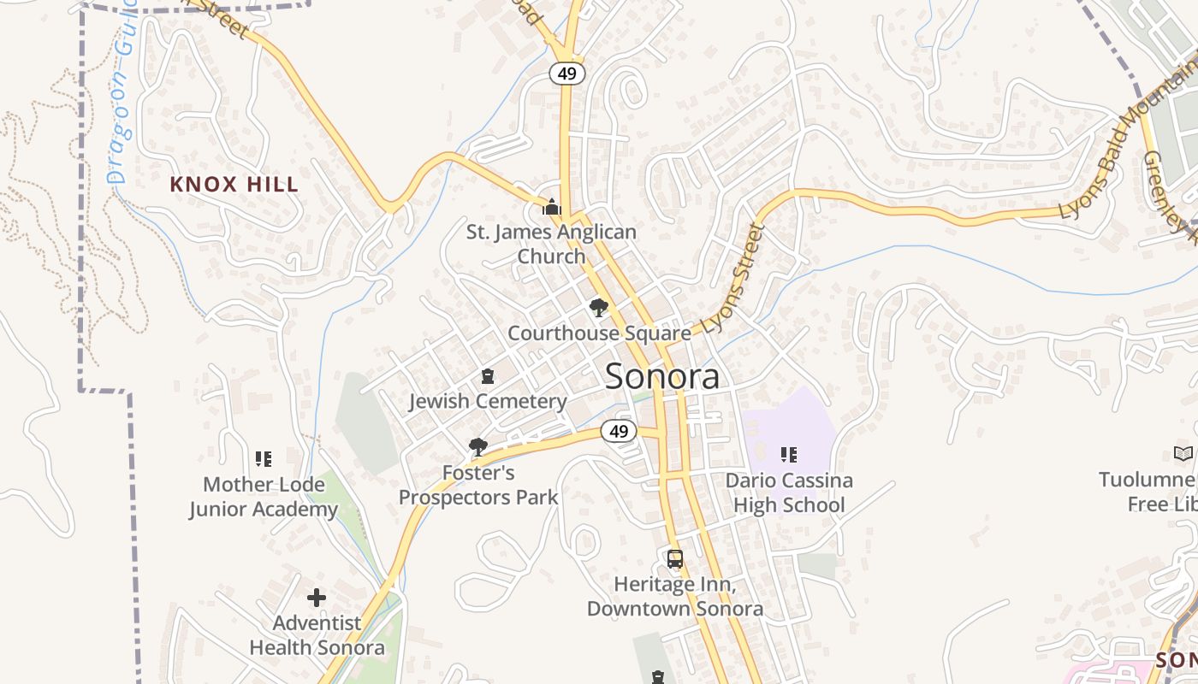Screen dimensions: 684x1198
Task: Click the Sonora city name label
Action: point(662,376)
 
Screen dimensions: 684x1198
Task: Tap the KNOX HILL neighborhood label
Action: point(234,184)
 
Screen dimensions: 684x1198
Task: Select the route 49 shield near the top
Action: point(567,74)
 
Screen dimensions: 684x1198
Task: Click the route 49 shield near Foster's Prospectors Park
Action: point(619,432)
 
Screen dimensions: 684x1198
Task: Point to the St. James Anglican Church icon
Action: point(552,207)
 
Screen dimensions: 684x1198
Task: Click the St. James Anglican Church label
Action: point(551,244)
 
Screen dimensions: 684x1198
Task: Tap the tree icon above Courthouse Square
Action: point(599,308)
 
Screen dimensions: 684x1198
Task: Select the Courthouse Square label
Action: point(599,333)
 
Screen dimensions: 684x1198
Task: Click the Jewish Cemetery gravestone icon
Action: point(488,376)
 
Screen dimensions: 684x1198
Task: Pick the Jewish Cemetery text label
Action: point(488,401)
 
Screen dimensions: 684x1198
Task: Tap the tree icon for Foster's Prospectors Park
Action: point(478,446)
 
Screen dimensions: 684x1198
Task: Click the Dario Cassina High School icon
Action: point(789,455)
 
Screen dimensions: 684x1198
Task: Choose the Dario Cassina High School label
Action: point(789,492)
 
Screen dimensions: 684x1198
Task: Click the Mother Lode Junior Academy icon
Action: point(264,459)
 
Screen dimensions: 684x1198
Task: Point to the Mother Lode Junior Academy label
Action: point(264,497)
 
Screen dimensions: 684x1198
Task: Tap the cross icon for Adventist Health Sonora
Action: point(317,598)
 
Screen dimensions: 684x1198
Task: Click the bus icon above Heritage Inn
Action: point(675,559)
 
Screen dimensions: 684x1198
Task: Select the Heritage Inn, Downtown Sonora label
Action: point(675,597)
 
